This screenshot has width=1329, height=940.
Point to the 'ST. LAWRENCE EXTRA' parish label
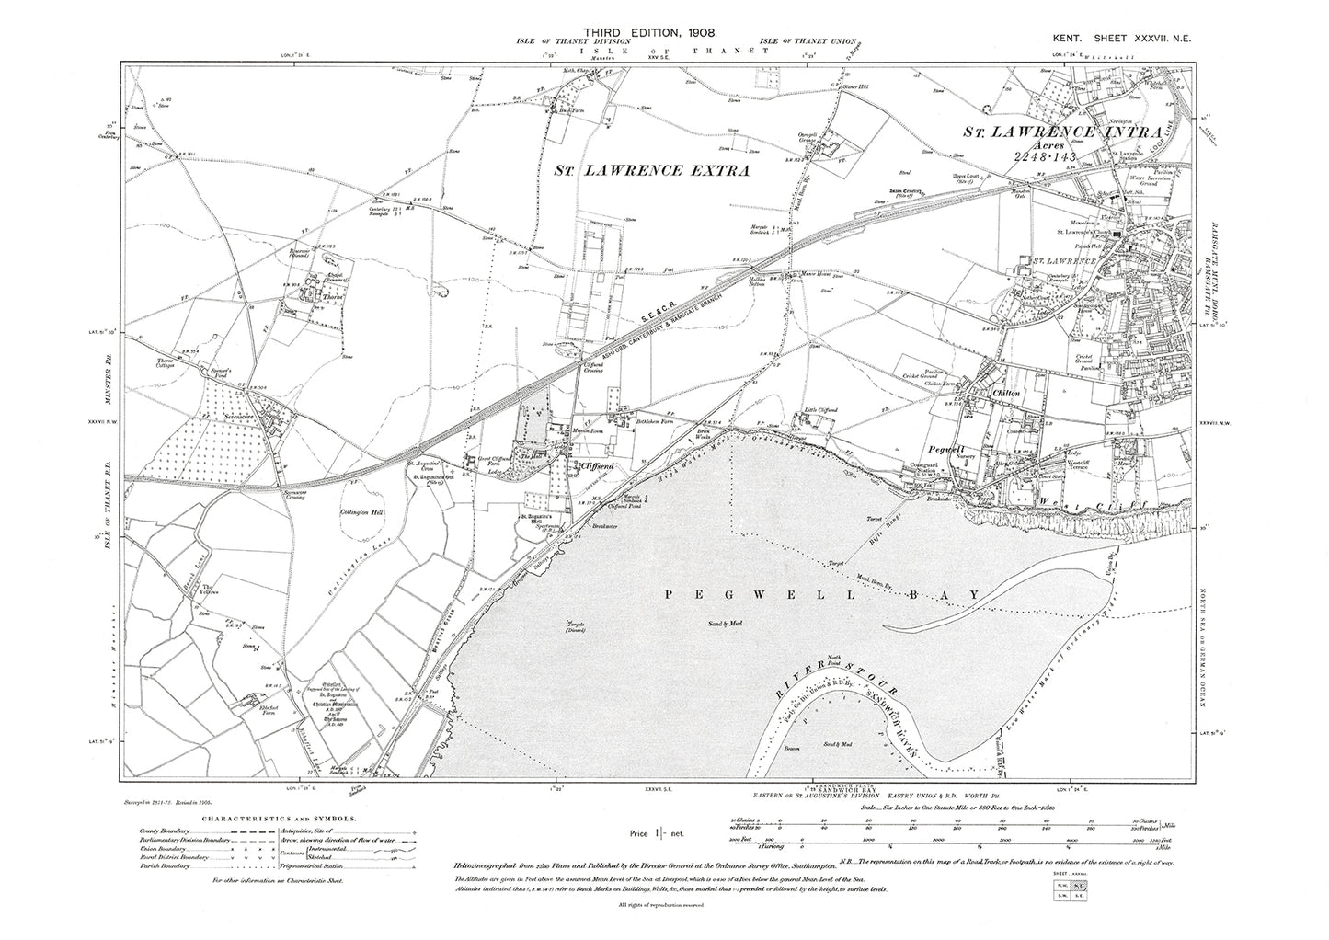coord(652,170)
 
